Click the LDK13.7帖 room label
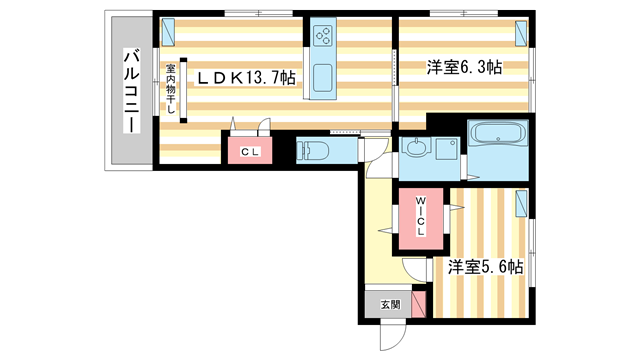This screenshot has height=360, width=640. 245,77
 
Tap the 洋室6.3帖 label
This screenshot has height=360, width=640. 464,66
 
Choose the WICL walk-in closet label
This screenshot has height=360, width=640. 420,217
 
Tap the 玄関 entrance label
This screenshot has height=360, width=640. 387,304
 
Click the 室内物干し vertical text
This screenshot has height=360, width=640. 171,90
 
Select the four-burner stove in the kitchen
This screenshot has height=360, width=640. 324,36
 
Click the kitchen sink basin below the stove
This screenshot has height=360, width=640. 324,77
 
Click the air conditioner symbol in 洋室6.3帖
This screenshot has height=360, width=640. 522,32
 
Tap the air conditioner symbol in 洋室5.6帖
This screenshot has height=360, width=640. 520,206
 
